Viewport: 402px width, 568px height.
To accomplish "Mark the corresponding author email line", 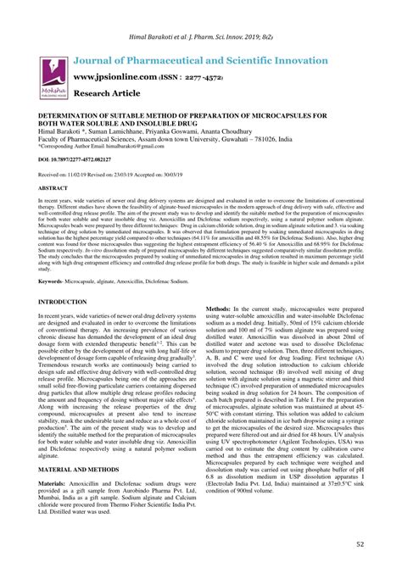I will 94,146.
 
